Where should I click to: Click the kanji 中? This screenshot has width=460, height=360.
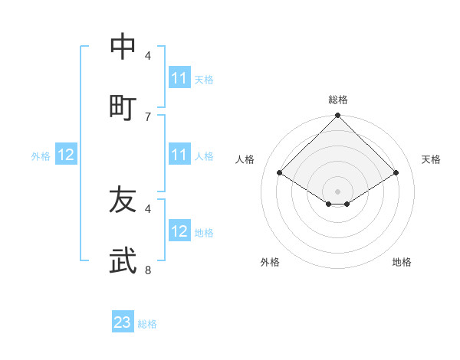(x=123, y=47)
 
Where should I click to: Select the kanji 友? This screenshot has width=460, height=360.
(x=123, y=201)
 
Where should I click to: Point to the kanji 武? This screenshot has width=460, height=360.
(x=123, y=260)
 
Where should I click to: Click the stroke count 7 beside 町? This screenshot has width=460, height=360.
(x=148, y=116)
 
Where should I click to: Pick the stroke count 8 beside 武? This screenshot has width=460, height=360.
(x=148, y=270)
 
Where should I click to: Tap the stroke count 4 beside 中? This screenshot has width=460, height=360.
(x=148, y=56)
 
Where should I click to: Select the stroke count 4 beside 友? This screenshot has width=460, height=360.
(x=148, y=208)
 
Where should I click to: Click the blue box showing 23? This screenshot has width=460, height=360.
(x=123, y=322)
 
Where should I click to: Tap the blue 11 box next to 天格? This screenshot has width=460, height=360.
(x=179, y=78)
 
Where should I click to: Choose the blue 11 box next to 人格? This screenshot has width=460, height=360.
(x=179, y=155)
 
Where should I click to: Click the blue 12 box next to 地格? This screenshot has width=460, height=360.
(x=179, y=231)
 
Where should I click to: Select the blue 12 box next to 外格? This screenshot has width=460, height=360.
(x=66, y=155)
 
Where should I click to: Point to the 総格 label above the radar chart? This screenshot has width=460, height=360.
(x=338, y=100)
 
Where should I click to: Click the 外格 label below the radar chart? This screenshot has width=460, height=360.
(x=270, y=262)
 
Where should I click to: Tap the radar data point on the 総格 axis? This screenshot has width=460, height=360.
(x=338, y=116)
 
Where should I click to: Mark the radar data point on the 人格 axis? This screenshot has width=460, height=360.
(x=280, y=173)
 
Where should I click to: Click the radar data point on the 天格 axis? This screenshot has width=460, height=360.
(x=396, y=173)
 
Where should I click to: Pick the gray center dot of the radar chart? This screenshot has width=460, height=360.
(x=338, y=191)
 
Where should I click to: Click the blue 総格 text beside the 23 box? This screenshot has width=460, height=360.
(x=147, y=324)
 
